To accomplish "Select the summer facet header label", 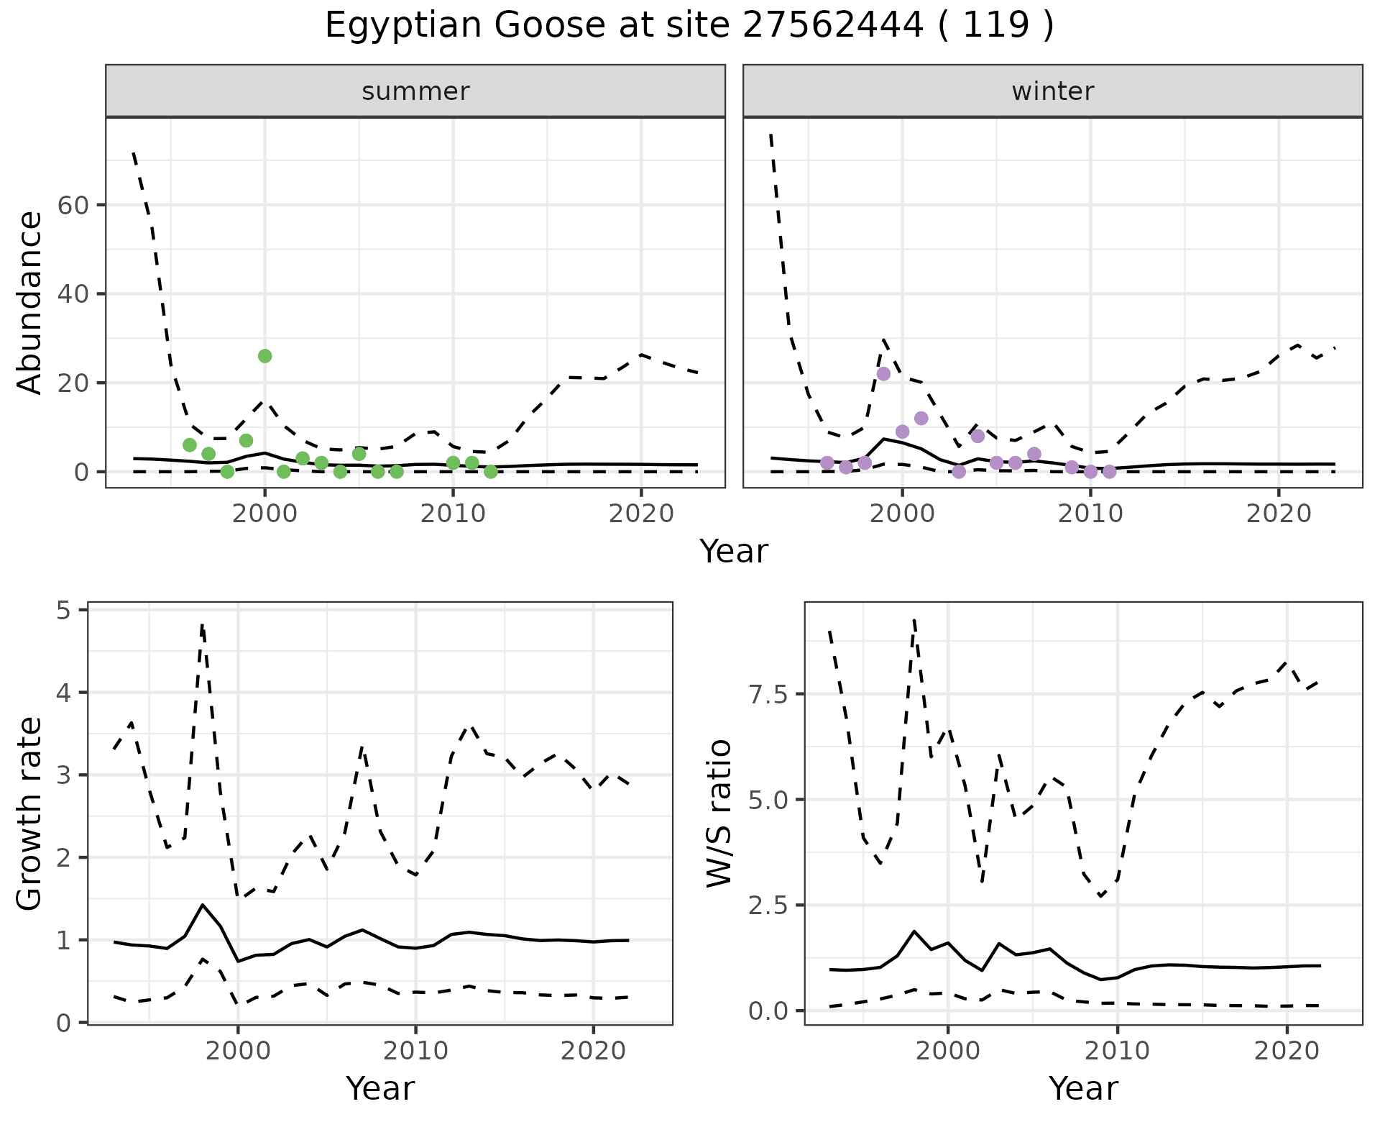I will pyautogui.click(x=415, y=91).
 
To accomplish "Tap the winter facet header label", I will pyautogui.click(x=1052, y=91).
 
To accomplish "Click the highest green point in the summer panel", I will pyautogui.click(x=264, y=356).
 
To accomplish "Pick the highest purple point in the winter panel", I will pyautogui.click(x=883, y=374).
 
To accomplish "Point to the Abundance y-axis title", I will pyautogui.click(x=30, y=303).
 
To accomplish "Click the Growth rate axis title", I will pyautogui.click(x=30, y=813).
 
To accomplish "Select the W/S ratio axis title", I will pyautogui.click(x=719, y=813).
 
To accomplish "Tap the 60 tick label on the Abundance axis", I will pyautogui.click(x=72, y=206).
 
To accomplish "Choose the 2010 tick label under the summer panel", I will pyautogui.click(x=453, y=514).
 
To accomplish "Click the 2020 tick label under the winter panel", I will pyautogui.click(x=1279, y=514).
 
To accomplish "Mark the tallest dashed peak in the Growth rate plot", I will pyautogui.click(x=203, y=624).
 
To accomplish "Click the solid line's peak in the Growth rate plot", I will pyautogui.click(x=203, y=905).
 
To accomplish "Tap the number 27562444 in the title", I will pyautogui.click(x=832, y=26).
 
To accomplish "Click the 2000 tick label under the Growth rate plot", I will pyautogui.click(x=238, y=1051).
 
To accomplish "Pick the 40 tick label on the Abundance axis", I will pyautogui.click(x=72, y=294).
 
